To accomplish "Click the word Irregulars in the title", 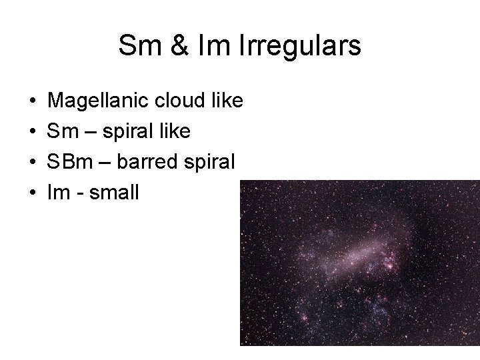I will (305, 46).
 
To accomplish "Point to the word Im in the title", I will (205, 46).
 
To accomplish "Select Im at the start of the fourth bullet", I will (58, 192).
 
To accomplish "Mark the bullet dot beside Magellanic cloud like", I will (33, 103).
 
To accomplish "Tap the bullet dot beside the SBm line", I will (33, 163).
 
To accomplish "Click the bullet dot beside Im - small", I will (33, 193).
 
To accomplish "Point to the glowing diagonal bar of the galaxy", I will (360, 252).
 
